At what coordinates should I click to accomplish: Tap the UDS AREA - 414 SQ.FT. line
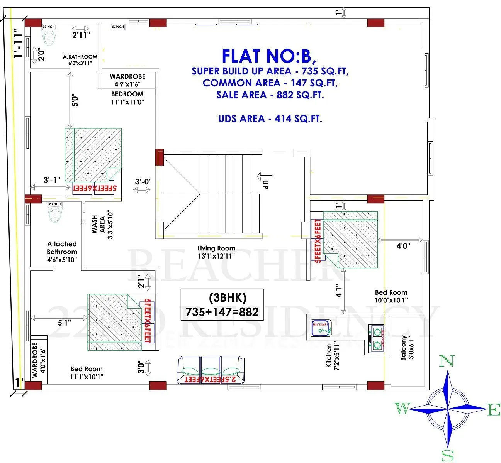click(270, 118)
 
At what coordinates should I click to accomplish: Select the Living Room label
click(216, 252)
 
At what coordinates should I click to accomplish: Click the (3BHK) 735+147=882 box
click(222, 305)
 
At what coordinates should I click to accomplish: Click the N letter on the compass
click(447, 361)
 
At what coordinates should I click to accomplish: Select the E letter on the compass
click(494, 410)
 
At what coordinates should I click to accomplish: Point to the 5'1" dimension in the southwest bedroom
click(65, 323)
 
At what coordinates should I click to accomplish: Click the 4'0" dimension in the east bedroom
click(403, 246)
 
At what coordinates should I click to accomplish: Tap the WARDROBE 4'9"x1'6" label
click(127, 80)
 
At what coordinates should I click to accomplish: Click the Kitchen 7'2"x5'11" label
click(332, 355)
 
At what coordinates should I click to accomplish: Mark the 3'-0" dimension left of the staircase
click(143, 181)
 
